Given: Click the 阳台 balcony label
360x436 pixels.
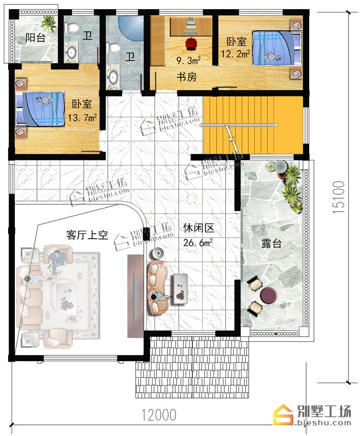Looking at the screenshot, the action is coord(36,37).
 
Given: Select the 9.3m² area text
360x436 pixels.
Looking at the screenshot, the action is coord(189,60).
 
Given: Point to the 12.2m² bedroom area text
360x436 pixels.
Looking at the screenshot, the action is coord(235,53).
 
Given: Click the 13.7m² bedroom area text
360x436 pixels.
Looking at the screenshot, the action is coord(82,118).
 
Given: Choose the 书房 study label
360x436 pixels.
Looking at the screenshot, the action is coord(187,77).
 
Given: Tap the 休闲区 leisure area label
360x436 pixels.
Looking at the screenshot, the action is coord(199,228).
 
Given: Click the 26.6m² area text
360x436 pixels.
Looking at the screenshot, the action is coord(198,242).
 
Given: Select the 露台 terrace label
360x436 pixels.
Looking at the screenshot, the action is coord(271,243).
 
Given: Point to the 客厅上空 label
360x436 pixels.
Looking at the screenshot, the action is coord(87,235).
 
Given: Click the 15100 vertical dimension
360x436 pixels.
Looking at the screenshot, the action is coord(339,197).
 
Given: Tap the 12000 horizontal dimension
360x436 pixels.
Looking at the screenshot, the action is coord(159,415).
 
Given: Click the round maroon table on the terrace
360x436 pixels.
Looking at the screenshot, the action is coord(269,295).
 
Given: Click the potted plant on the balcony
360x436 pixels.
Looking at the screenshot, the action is coord(48,24).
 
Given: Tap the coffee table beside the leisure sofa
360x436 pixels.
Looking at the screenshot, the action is coord(180,289).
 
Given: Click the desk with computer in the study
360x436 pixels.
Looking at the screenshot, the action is coord(191,26).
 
